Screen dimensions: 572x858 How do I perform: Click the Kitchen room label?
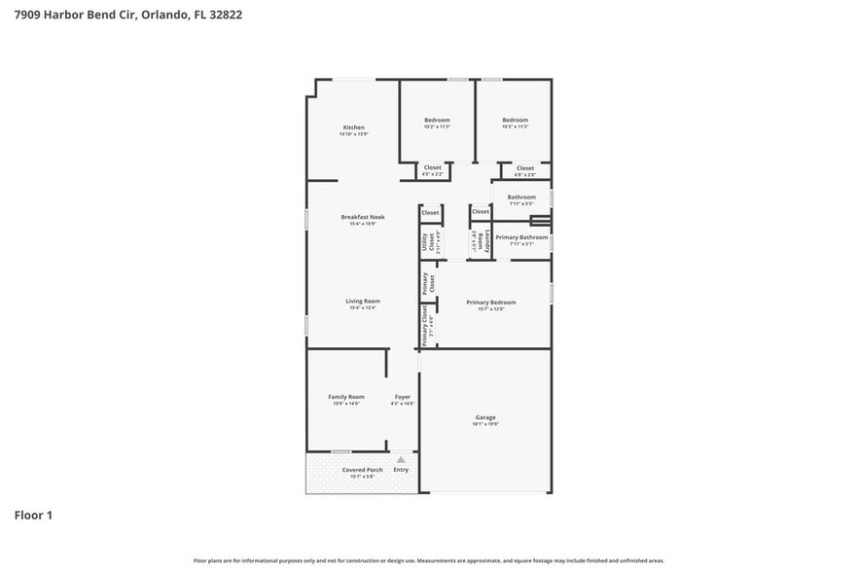coord(353,127)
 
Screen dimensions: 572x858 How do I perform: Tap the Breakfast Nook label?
coord(362,217)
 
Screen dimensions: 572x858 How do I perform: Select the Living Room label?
coord(362,302)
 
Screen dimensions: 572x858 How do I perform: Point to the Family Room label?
coord(345,397)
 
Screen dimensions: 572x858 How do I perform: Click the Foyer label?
coord(402,397)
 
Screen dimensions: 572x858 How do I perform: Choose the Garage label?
coord(485,417)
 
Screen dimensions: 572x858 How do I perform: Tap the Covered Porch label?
coord(362,470)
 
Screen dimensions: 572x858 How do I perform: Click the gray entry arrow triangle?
coord(400,459)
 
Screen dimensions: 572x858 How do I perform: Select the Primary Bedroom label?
coord(490,303)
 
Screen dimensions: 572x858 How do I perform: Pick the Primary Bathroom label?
coord(521,237)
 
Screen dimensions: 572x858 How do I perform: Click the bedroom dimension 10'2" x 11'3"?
coord(437,127)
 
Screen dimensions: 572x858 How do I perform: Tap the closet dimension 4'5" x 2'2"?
coord(433,175)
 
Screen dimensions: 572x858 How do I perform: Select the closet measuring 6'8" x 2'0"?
coord(524,175)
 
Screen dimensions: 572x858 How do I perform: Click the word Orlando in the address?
coord(164,16)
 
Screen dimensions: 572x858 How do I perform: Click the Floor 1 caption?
coord(32,515)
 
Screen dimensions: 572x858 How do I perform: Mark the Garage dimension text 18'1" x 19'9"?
coord(485,424)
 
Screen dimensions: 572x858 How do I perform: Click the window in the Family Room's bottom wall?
coord(340,451)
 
